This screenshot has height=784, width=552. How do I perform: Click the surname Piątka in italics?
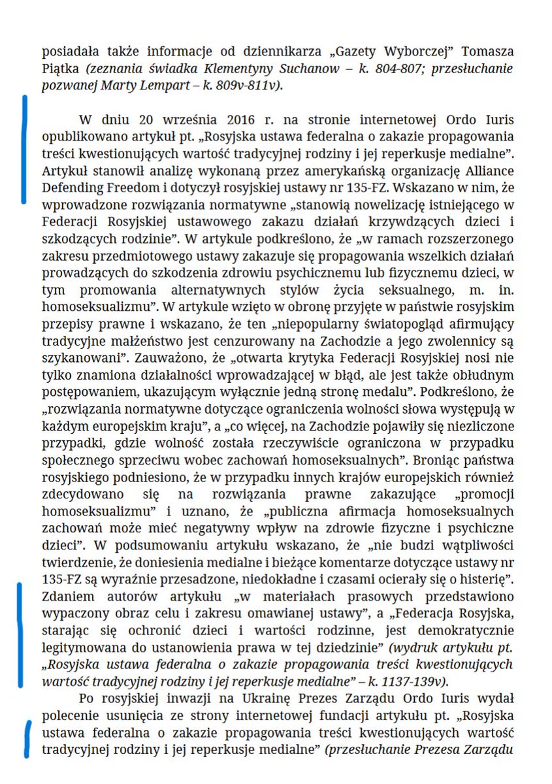(60, 69)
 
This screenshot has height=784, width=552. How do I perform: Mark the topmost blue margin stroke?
(25, 148)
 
